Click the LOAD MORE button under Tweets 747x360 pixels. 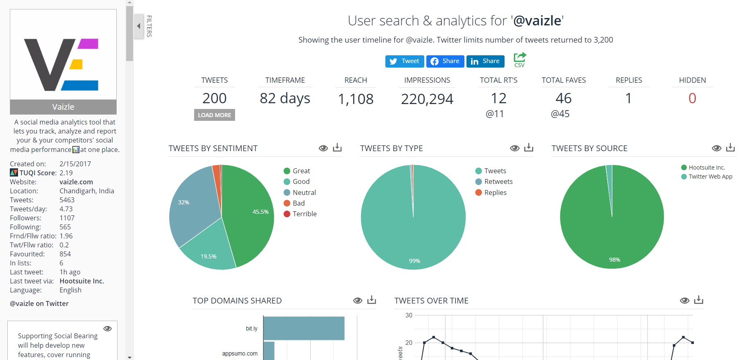[214, 115]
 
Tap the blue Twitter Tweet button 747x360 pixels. [405, 61]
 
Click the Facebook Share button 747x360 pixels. [445, 61]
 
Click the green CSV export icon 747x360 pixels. [519, 60]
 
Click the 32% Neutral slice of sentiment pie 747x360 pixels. [192, 205]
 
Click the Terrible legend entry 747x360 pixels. [304, 214]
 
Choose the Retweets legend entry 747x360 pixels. [498, 181]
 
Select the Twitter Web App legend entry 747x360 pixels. [710, 177]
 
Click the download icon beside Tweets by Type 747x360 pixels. [529, 147]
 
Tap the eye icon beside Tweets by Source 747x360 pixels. [716, 148]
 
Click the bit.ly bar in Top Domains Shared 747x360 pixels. [303, 328]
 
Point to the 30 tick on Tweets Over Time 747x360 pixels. [409, 315]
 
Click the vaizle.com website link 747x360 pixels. [76, 182]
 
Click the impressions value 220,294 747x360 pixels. [427, 99]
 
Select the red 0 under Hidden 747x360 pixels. [692, 98]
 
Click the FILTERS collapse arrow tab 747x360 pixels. [139, 26]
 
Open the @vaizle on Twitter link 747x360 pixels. [39, 303]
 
